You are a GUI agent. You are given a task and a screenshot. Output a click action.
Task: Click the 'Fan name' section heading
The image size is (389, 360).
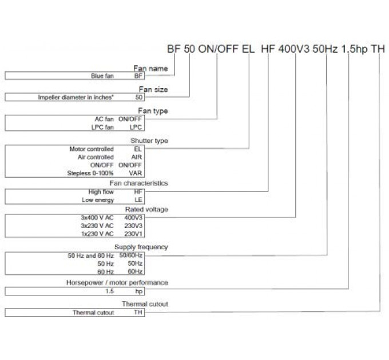click(x=150, y=69)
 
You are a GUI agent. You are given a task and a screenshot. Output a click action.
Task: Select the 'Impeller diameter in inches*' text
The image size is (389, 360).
click(x=85, y=97)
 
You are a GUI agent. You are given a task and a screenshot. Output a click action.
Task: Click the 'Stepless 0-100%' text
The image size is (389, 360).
click(x=90, y=173)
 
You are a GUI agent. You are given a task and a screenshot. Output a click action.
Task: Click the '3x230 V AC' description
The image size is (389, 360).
click(x=97, y=225)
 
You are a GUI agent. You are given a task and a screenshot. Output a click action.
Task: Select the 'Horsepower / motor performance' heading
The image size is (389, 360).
click(x=125, y=282)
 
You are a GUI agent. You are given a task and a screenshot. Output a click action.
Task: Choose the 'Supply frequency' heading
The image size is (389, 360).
click(x=141, y=247)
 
